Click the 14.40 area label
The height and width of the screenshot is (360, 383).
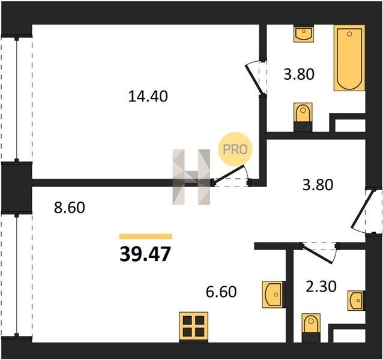pos(148,96)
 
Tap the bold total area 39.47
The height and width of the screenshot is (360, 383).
pos(145,254)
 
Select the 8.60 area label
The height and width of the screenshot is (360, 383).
pos(70,208)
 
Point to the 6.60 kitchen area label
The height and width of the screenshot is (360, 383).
pos(222,292)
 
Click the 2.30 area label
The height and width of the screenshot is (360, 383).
pos(321,286)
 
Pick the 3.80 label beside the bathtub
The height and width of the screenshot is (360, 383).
pos(299,74)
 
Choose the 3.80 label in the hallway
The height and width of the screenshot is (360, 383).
pos(318,185)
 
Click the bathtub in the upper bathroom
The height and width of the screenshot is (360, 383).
pos(349,58)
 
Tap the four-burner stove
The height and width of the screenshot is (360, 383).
pos(193,327)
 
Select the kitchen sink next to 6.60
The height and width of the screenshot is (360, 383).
pos(273,295)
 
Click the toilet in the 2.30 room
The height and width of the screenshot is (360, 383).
pos(311,328)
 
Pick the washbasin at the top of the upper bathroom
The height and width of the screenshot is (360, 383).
pos(304,34)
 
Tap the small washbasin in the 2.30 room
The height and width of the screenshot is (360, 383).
pos(356,301)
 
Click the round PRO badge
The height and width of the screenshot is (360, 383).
pos(235,149)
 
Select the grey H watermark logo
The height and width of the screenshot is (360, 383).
pos(191,177)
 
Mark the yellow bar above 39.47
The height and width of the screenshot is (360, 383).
pos(146,236)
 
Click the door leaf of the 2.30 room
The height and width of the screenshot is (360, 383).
pos(317,254)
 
